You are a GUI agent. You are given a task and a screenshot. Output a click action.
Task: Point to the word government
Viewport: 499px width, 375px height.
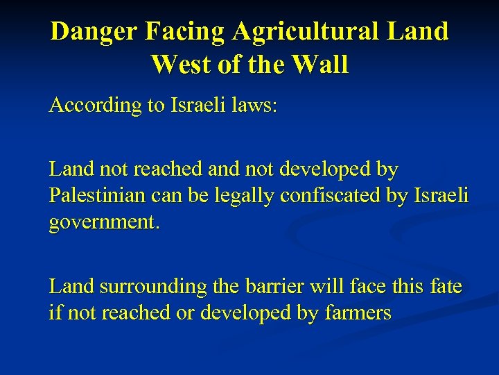pyautogui.click(x=101, y=223)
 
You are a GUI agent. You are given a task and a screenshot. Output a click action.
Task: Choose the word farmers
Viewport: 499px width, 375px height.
pyautogui.click(x=358, y=312)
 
